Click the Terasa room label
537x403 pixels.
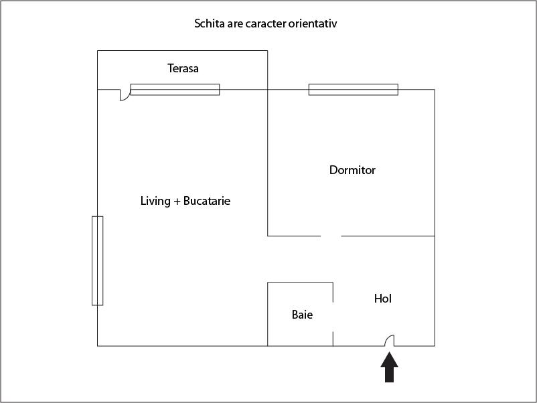pyautogui.click(x=183, y=68)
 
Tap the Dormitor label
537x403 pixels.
pyautogui.click(x=352, y=170)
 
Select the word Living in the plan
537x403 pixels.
pyautogui.click(x=155, y=201)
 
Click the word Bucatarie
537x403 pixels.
pyautogui.click(x=207, y=201)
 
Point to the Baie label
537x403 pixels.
pyautogui.click(x=302, y=315)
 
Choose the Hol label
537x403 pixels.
pyautogui.click(x=383, y=298)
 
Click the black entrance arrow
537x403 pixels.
pyautogui.click(x=390, y=367)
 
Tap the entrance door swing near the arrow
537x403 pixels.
pyautogui.click(x=390, y=340)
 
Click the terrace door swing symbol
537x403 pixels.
pyautogui.click(x=125, y=95)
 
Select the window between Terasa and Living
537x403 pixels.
pyautogui.click(x=175, y=89)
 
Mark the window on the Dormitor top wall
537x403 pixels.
pyautogui.click(x=354, y=89)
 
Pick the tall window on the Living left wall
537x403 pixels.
pyautogui.click(x=97, y=260)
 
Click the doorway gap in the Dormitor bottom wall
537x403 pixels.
pyautogui.click(x=331, y=236)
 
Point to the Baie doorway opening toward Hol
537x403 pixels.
pyautogui.click(x=333, y=317)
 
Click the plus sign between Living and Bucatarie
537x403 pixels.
pyautogui.click(x=177, y=201)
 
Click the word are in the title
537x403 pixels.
pyautogui.click(x=235, y=24)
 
